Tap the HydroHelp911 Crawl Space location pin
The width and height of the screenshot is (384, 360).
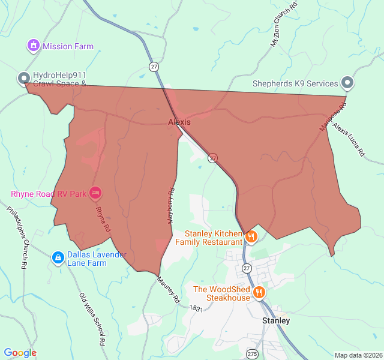24,78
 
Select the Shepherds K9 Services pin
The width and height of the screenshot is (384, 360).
347,83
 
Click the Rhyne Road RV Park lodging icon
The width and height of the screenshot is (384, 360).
95,193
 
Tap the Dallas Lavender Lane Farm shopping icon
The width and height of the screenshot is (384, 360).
58,258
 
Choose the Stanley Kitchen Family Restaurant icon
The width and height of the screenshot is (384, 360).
251,236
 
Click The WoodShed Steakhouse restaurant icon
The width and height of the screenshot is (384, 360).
259,293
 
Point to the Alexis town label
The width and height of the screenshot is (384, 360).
179,122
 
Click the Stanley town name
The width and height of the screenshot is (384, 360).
276,320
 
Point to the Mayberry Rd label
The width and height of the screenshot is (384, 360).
170,206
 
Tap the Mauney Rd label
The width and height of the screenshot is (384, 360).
169,289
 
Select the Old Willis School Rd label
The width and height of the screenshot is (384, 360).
92,318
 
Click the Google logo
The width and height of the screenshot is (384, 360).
20,353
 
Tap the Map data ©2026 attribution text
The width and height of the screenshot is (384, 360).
357,355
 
